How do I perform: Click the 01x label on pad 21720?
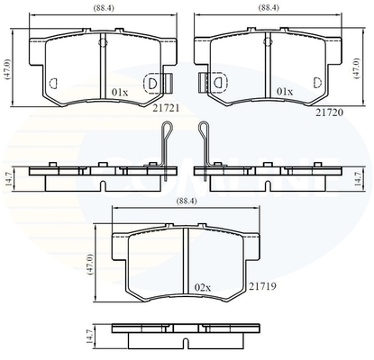pos(285,92)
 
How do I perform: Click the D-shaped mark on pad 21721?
pos(152,85)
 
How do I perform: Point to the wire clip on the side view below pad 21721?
pos(162,148)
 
